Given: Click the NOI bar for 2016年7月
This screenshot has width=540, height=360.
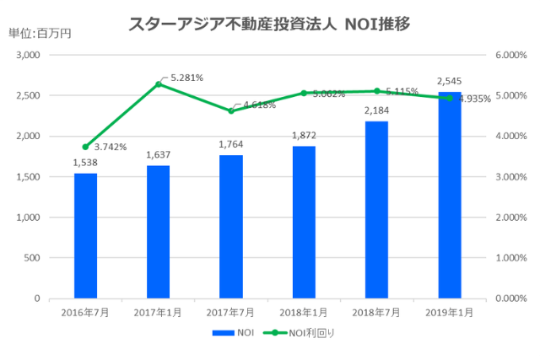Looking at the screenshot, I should coord(85,235).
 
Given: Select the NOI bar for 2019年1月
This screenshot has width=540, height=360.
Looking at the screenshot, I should coord(450,195).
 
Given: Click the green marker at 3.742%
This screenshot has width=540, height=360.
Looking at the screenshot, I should coord(85,147).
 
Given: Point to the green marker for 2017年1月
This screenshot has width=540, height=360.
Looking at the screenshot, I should coord(159,84).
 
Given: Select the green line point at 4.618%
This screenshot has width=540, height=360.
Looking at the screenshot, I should coord(231,111).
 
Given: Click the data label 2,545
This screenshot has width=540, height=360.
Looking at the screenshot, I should coord(449,82).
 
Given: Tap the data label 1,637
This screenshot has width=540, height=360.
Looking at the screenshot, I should coord(159,155).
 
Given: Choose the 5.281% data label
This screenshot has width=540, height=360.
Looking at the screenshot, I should coord(186,78).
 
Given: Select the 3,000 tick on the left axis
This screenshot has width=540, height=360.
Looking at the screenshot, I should coord(29,55).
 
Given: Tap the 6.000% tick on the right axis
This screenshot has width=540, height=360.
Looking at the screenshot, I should coord(509,55).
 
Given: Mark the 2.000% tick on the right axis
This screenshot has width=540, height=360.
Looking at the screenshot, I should coord(509,217).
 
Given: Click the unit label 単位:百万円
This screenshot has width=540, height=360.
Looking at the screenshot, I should coord(40,34).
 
